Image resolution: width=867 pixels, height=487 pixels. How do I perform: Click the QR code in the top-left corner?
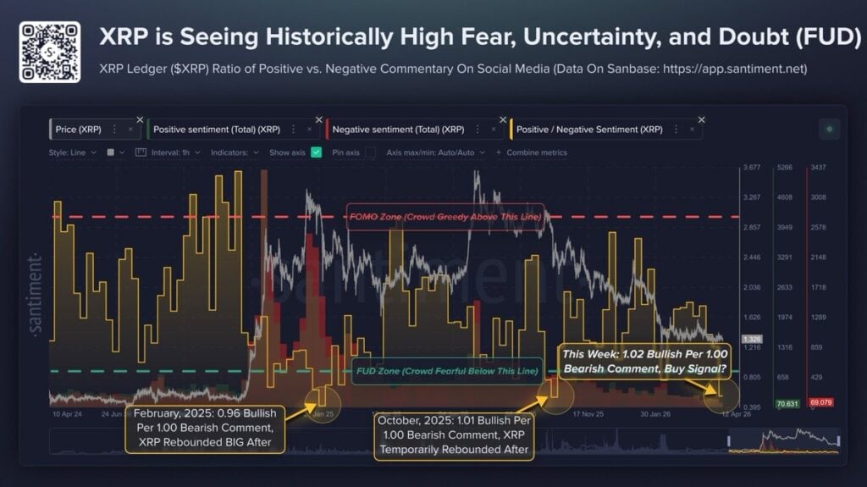click(50, 52)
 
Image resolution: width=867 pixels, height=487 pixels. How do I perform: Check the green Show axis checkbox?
click(317, 152)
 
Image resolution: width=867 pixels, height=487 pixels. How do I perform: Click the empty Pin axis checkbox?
click(370, 152)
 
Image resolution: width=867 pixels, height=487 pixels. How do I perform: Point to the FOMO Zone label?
click(445, 217)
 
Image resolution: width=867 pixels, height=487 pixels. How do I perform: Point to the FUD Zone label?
click(444, 371)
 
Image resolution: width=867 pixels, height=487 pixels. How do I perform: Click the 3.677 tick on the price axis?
click(752, 168)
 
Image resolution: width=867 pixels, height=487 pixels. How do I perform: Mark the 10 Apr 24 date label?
click(66, 415)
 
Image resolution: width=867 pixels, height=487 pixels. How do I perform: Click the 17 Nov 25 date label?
click(588, 415)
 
